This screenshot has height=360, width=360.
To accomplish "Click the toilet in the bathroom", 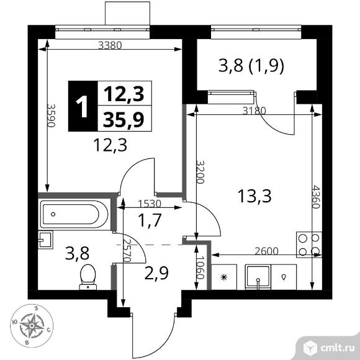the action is coord(88,277).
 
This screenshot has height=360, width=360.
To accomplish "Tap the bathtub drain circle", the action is coord(53,214).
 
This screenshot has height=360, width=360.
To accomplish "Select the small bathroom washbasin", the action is coord(45,240).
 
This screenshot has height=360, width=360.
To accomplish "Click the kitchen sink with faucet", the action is coord(258,277).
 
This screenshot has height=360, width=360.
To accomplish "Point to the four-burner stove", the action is coord(309,245).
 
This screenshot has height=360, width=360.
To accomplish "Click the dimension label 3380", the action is coord(110,45).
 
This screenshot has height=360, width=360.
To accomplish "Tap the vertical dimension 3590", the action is coord(51,115).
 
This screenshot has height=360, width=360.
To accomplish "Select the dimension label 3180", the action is coord(254,111).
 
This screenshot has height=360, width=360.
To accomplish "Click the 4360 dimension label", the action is coord(316,197).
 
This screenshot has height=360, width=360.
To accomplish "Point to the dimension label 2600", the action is coord(266,251).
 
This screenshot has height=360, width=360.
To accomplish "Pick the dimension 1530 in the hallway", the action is coord(150,204).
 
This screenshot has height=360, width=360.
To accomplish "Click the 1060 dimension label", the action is coord(200,268).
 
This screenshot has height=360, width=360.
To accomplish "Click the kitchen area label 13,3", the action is coord(254,196).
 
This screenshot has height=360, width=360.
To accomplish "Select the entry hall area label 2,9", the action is coord(156,273).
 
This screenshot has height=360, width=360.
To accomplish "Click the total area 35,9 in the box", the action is coord(124,119).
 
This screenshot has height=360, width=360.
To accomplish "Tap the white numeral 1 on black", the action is coord(82,107).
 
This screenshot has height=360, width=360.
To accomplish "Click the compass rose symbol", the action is coord(32,326).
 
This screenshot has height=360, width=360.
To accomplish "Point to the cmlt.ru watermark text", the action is coord(337,348).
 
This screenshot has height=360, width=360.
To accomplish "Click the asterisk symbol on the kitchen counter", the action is coord(223,277).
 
